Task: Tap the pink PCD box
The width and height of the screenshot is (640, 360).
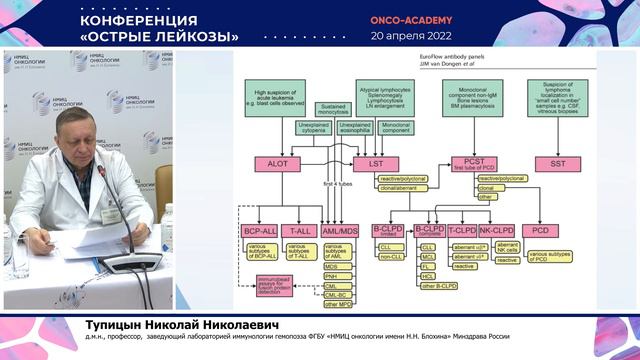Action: pyautogui.click(x=568, y=229)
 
